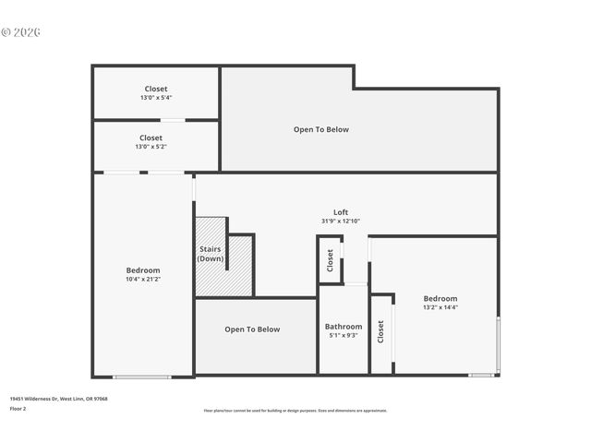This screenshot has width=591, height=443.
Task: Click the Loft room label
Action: [341, 212]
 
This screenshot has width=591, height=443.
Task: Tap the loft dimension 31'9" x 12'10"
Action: [341, 221]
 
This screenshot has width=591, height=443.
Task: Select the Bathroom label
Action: [344, 327]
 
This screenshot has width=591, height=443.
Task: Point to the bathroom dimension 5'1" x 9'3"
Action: [344, 336]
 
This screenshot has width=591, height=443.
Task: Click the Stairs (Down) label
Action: [211, 254]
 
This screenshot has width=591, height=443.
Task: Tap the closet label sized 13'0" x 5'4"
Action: [156, 89]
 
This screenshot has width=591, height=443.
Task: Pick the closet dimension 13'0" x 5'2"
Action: [151, 147]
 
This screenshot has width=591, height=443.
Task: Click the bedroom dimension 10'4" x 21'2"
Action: [143, 280]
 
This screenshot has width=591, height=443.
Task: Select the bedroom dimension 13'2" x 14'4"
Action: [440, 307]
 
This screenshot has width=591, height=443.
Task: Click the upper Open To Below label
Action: [321, 129]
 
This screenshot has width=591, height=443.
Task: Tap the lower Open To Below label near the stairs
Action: [252, 329]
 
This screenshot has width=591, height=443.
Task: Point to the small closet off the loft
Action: [330, 260]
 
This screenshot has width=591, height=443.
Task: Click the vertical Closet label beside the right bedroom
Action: [380, 332]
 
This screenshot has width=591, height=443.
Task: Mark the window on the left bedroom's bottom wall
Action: [141, 377]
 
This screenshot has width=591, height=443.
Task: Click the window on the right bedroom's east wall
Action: [499, 344]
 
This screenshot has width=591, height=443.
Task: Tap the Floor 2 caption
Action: [18, 408]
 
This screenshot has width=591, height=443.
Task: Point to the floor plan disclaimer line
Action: [295, 411]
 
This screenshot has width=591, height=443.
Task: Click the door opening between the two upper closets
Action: [173, 120]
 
